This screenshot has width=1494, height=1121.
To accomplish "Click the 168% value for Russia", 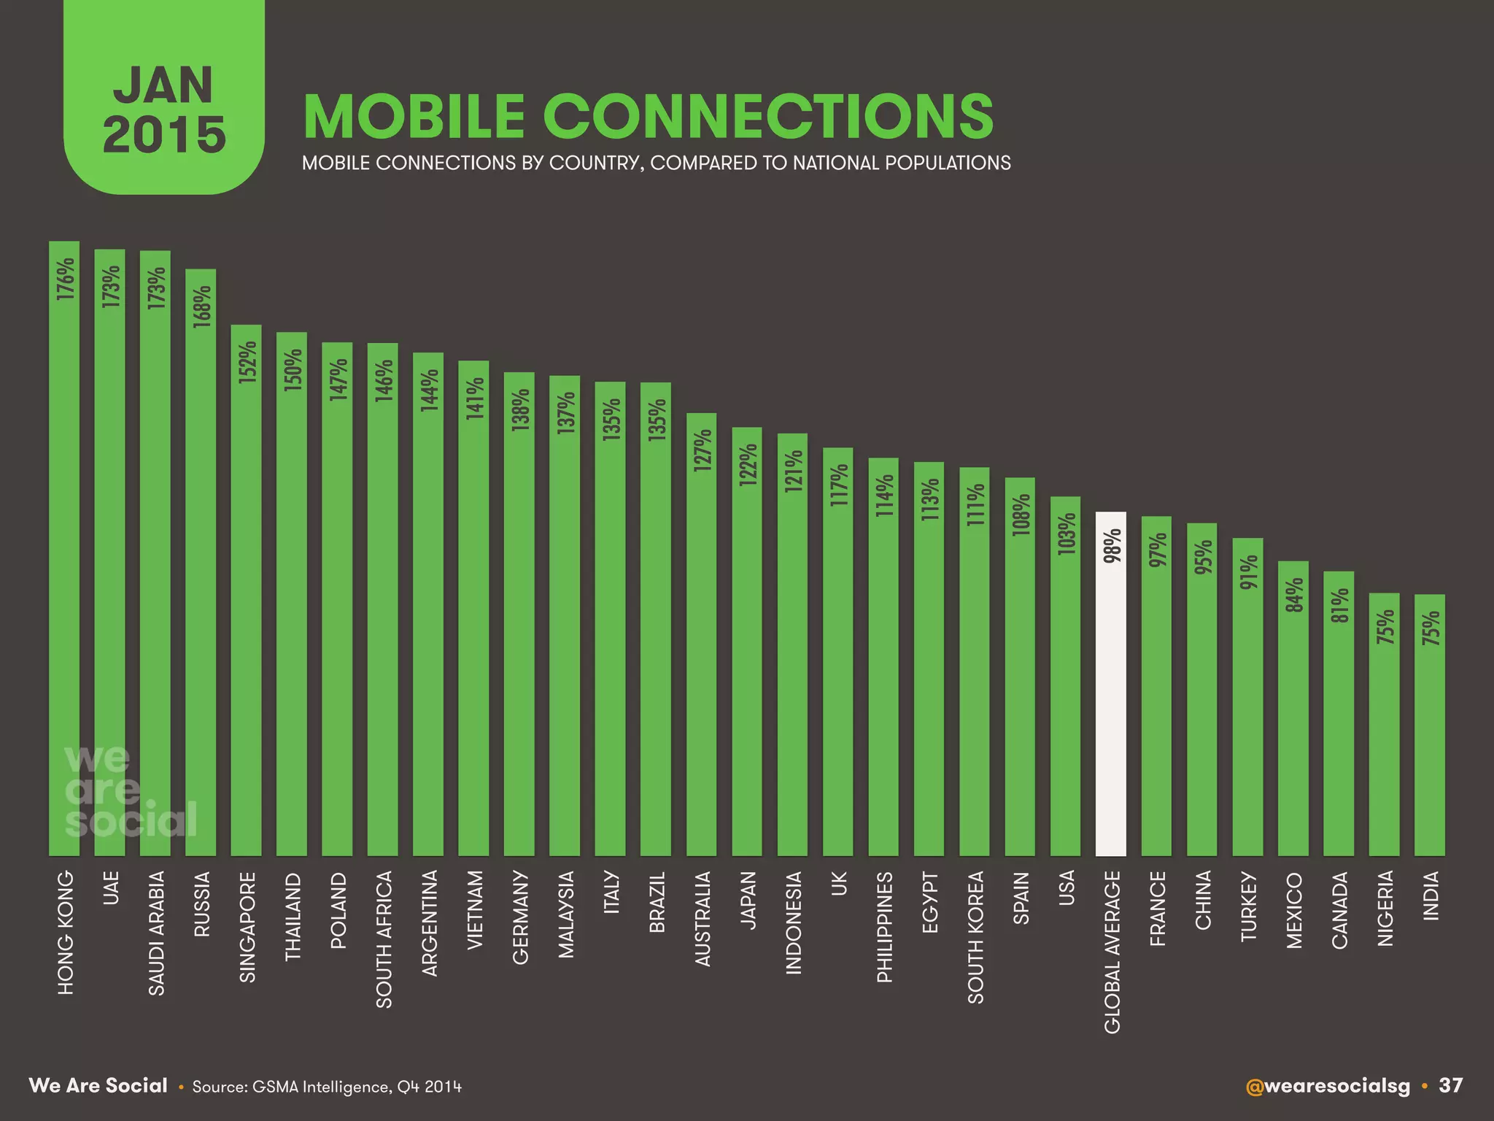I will pos(202,307).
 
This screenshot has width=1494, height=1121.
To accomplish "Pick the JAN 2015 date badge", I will pos(164,109).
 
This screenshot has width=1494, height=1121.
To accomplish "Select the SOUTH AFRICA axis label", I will pos(384,939).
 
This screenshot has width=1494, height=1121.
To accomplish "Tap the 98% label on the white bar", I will pos(1112,547).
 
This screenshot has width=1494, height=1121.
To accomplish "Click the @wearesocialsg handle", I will pos(1328,1085).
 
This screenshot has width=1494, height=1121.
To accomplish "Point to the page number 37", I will pos(1450,1085).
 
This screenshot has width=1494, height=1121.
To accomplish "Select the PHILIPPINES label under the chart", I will pos(884,927).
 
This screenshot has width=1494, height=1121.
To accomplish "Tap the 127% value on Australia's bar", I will pos(703,451).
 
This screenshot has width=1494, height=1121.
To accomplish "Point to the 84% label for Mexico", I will pos(1294,595).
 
